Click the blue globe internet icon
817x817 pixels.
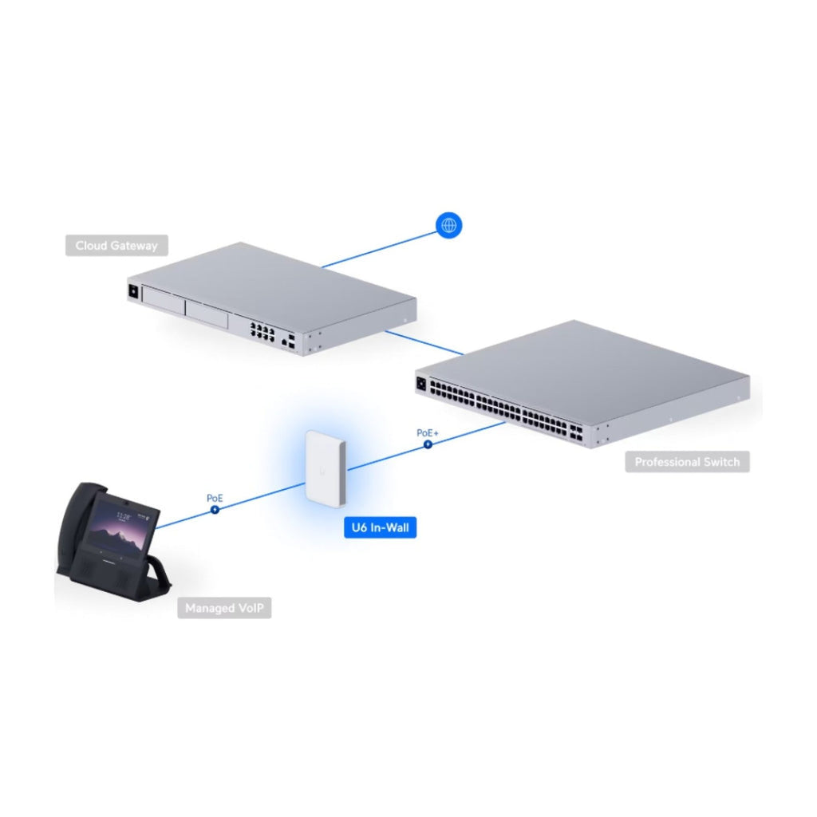[x=448, y=225]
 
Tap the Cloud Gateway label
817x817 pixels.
[x=116, y=246]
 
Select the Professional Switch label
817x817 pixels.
[x=687, y=462]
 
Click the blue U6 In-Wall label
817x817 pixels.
[x=381, y=527]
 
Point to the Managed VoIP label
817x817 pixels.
[x=224, y=608]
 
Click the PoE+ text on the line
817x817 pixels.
[x=428, y=433]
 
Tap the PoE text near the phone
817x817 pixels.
[x=215, y=498]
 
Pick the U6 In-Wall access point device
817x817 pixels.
[x=326, y=468]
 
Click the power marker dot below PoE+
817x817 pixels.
[x=428, y=444]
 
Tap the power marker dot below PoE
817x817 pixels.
[x=215, y=510]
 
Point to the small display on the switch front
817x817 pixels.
[x=421, y=385]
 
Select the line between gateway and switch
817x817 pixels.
[x=424, y=342]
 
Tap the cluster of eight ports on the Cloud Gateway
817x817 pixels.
[x=262, y=331]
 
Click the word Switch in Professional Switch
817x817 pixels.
[x=721, y=462]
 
